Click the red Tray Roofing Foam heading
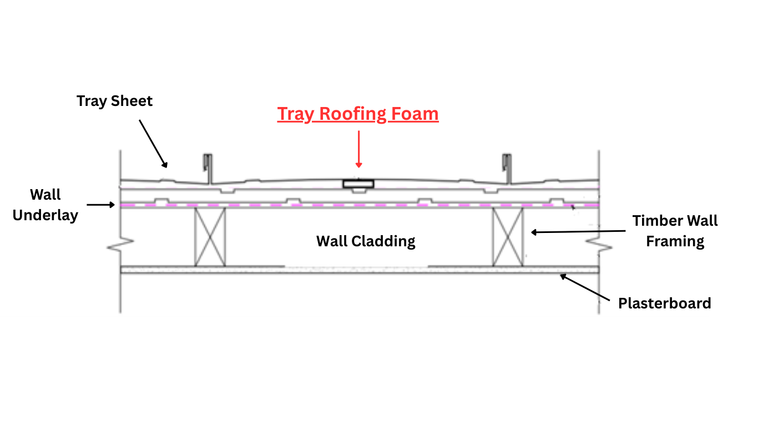[358, 114]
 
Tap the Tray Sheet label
[114, 101]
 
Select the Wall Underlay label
[46, 205]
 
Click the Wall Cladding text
[366, 241]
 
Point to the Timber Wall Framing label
[675, 231]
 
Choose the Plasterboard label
[664, 303]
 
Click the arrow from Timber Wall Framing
[577, 231]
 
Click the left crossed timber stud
[210, 237]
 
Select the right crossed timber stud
[508, 237]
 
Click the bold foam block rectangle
[358, 184]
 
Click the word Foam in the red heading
[415, 114]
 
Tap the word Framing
[675, 241]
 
